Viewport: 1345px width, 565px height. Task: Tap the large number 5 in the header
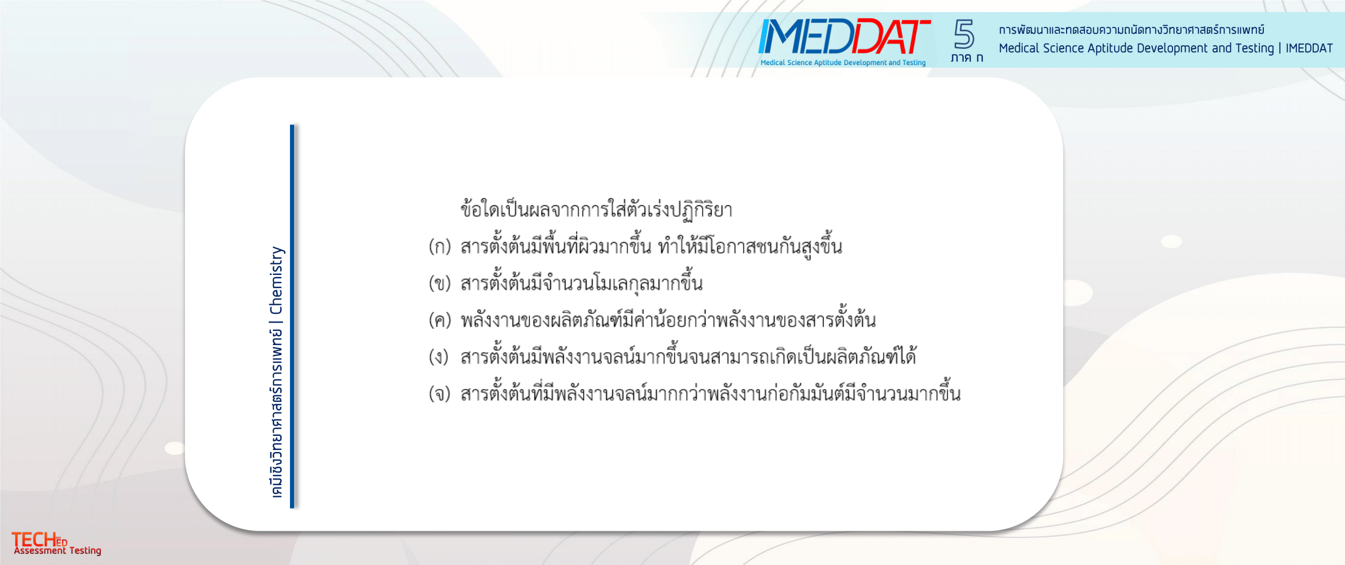click(x=964, y=34)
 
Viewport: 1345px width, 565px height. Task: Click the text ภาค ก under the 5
click(x=966, y=58)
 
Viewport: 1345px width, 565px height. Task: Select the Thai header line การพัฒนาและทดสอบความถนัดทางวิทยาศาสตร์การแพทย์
click(x=1131, y=29)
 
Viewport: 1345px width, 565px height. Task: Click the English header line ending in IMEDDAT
click(x=1165, y=48)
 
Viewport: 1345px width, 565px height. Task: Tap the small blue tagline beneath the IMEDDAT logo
click(x=843, y=63)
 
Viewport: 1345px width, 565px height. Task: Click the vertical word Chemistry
click(x=276, y=280)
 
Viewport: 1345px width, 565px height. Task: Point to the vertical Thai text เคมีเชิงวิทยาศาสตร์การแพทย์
click(x=276, y=413)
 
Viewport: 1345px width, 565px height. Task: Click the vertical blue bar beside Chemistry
click(x=293, y=316)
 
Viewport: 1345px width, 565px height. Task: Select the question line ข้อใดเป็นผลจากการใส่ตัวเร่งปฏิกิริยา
click(x=596, y=209)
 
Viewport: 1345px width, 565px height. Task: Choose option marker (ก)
click(x=440, y=247)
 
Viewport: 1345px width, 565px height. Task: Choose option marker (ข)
click(x=440, y=283)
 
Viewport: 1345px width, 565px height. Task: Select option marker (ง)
click(x=439, y=357)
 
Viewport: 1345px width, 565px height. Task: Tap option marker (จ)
click(x=440, y=393)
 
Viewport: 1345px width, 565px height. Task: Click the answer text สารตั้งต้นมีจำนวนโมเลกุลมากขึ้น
click(x=581, y=282)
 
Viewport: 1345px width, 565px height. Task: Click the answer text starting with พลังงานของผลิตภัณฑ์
click(x=668, y=319)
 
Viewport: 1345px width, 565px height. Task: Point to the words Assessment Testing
click(x=57, y=550)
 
